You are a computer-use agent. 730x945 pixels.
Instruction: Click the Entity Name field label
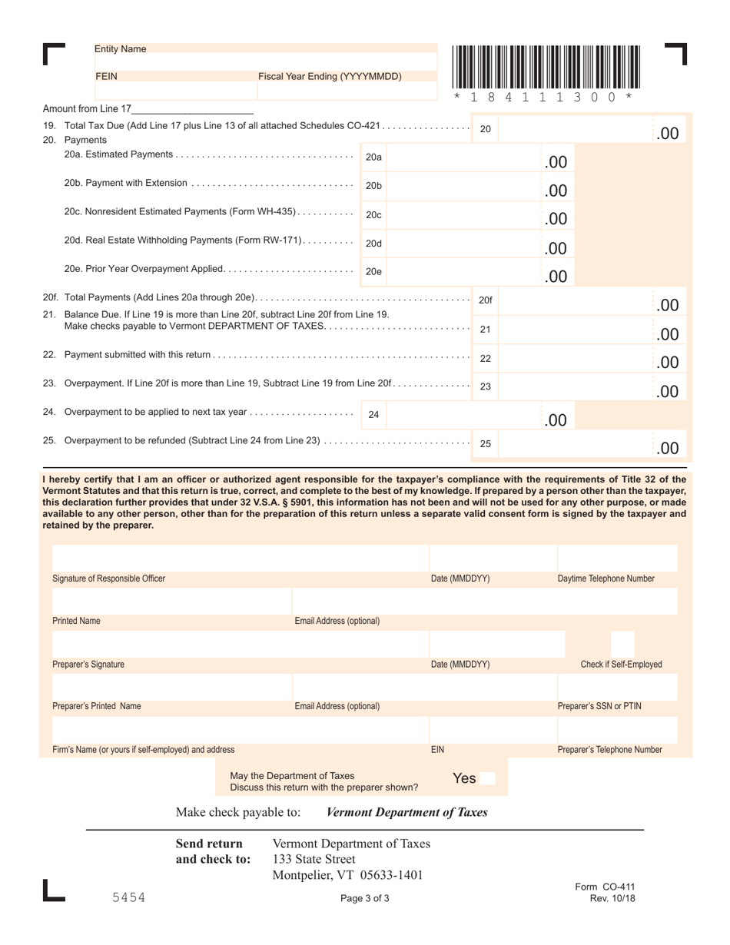click(120, 49)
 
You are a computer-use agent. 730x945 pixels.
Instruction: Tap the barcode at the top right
click(546, 69)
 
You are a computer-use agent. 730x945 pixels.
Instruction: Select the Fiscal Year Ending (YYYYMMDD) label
click(330, 77)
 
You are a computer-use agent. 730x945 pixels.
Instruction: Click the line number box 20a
click(373, 157)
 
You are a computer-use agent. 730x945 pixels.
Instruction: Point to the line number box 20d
click(373, 243)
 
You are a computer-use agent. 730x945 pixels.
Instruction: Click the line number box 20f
click(486, 300)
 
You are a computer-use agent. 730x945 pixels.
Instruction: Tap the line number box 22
click(486, 358)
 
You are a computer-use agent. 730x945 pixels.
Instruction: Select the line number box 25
click(486, 443)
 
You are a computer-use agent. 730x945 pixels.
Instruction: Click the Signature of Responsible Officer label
click(108, 579)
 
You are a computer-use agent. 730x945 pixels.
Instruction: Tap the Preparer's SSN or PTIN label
click(599, 706)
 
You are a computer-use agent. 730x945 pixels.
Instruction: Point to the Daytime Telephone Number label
click(606, 579)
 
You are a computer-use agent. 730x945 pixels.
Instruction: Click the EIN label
click(437, 749)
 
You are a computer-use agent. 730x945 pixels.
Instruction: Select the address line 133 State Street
click(314, 859)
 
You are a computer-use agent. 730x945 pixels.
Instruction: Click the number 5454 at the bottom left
click(128, 897)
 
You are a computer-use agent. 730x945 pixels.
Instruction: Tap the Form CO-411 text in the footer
click(605, 887)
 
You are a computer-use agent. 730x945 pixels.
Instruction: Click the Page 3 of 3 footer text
click(365, 898)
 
